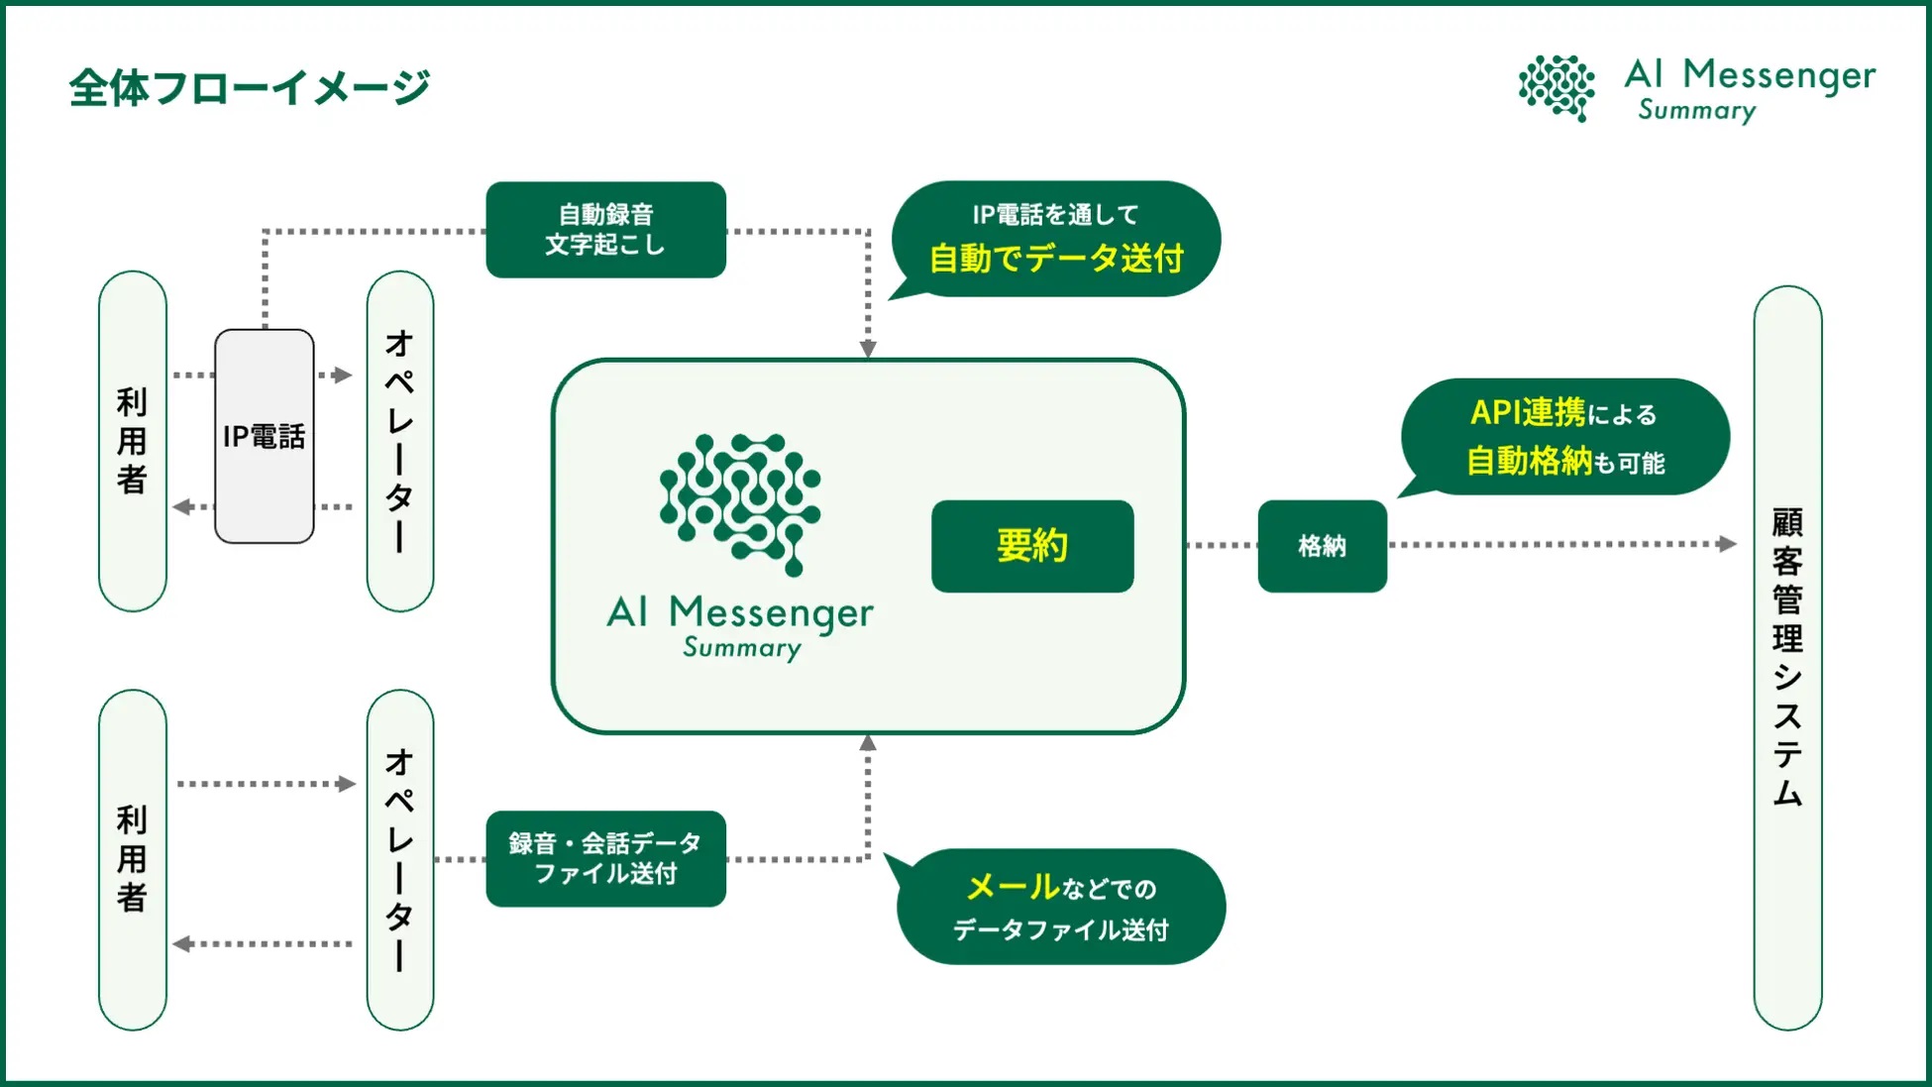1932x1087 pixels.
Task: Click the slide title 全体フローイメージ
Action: pyautogui.click(x=250, y=88)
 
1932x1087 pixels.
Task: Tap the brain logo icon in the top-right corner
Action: pyautogui.click(x=1556, y=88)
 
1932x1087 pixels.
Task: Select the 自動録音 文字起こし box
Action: pyautogui.click(x=605, y=230)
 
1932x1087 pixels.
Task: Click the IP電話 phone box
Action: pyautogui.click(x=265, y=436)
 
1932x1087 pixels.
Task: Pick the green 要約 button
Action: pyautogui.click(x=1032, y=546)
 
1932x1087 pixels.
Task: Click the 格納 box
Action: pyautogui.click(x=1322, y=546)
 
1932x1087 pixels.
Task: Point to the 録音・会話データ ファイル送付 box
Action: pyautogui.click(x=605, y=858)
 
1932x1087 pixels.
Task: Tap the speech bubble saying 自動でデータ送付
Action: pyautogui.click(x=1056, y=239)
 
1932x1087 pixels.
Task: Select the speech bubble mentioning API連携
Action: pyautogui.click(x=1565, y=437)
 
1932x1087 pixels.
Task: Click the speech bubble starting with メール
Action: pyautogui.click(x=1060, y=907)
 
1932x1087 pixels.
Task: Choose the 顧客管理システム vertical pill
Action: pyautogui.click(x=1787, y=658)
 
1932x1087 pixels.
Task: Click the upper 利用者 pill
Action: pyautogui.click(x=133, y=441)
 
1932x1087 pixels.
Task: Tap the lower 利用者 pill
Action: pyautogui.click(x=133, y=859)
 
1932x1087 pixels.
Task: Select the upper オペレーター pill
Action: pyautogui.click(x=400, y=441)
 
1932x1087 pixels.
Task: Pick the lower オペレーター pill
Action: pyautogui.click(x=400, y=859)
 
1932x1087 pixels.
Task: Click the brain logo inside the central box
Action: pyautogui.click(x=740, y=502)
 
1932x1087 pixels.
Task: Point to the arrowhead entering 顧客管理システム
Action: pyautogui.click(x=1728, y=544)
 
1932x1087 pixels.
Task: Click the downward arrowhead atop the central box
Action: pyautogui.click(x=868, y=349)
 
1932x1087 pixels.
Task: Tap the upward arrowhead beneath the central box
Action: pyautogui.click(x=868, y=743)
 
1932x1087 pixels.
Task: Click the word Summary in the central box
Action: pyautogui.click(x=742, y=648)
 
